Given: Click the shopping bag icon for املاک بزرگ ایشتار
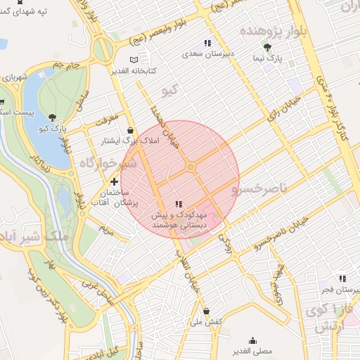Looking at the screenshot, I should coord(131,130).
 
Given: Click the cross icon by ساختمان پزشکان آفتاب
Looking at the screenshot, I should coord(114,181).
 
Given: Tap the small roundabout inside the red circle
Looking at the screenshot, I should coord(191,167).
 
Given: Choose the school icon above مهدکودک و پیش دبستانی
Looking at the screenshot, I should coord(187,203).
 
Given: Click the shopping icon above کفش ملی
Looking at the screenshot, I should coord(206,310).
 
